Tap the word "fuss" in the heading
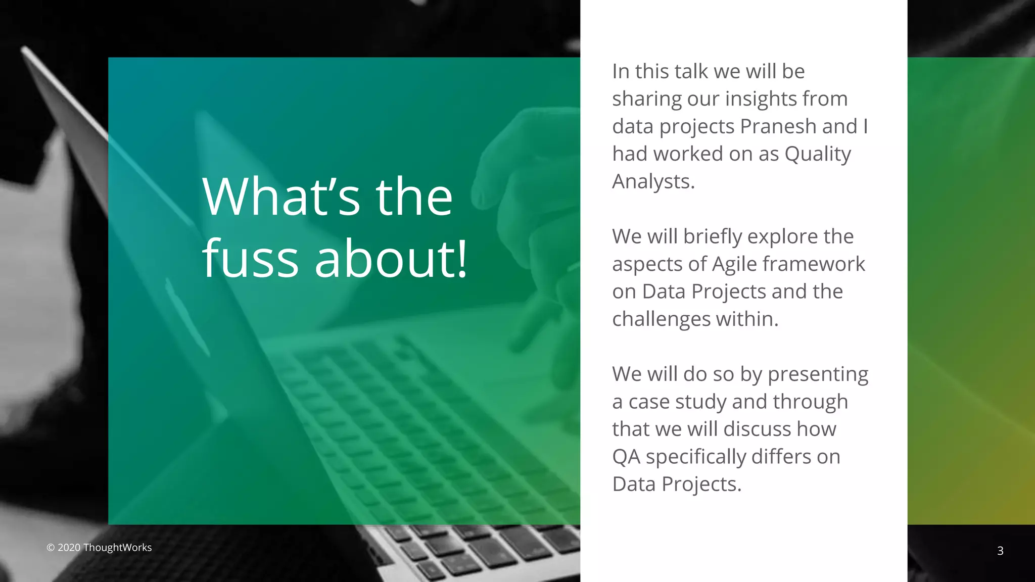click(251, 259)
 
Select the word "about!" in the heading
click(391, 259)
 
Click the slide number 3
click(1000, 551)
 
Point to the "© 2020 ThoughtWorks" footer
click(99, 548)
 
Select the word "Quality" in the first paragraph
click(817, 154)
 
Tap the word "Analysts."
click(653, 181)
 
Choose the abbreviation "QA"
click(626, 457)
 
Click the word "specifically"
click(695, 457)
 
